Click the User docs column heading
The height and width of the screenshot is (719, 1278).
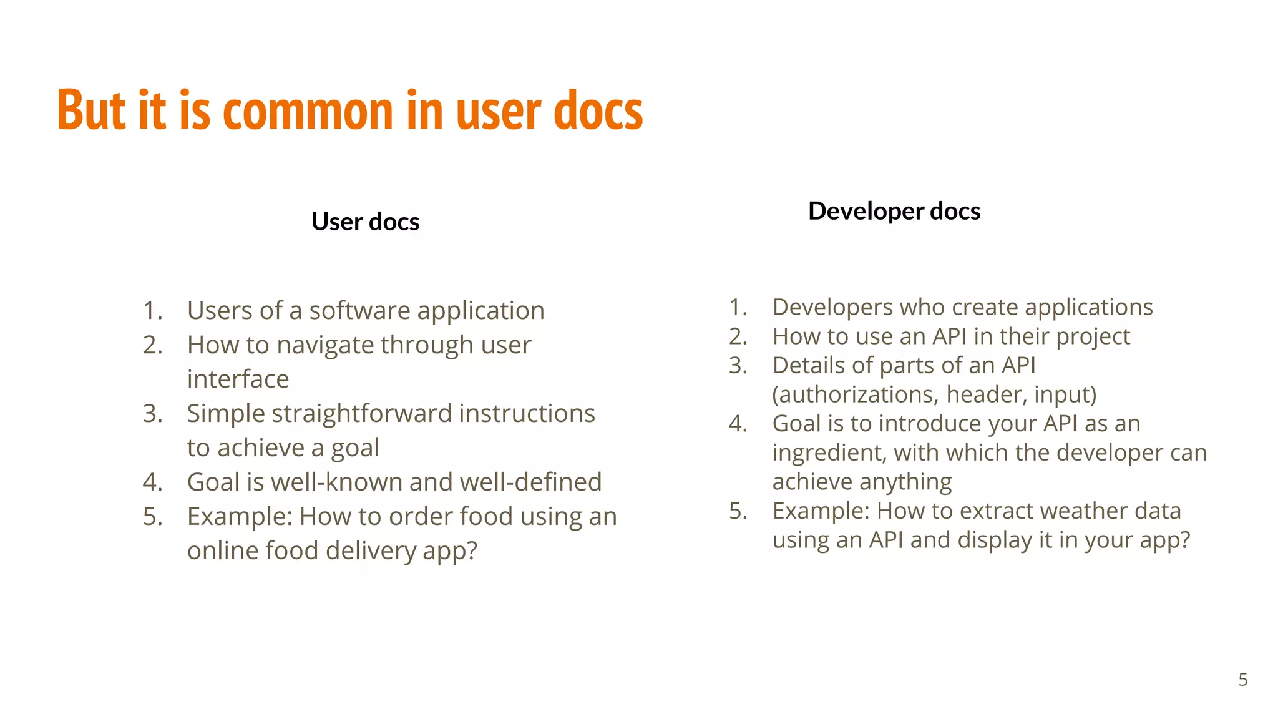[x=365, y=222]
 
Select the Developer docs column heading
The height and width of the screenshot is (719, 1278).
[x=894, y=211]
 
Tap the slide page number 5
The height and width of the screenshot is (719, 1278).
[x=1242, y=680]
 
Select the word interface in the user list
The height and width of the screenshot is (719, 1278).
[x=238, y=379]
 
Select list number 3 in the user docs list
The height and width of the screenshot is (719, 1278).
[x=152, y=414]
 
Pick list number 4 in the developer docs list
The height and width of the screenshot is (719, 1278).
[x=738, y=424]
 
